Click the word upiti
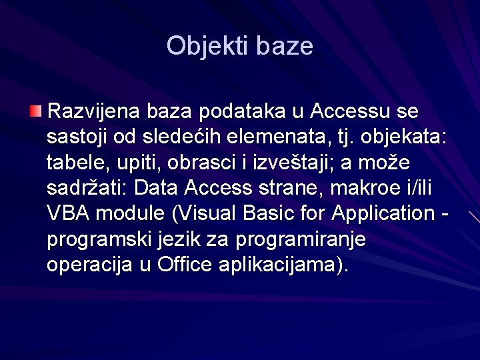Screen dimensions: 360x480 (x=133, y=162)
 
